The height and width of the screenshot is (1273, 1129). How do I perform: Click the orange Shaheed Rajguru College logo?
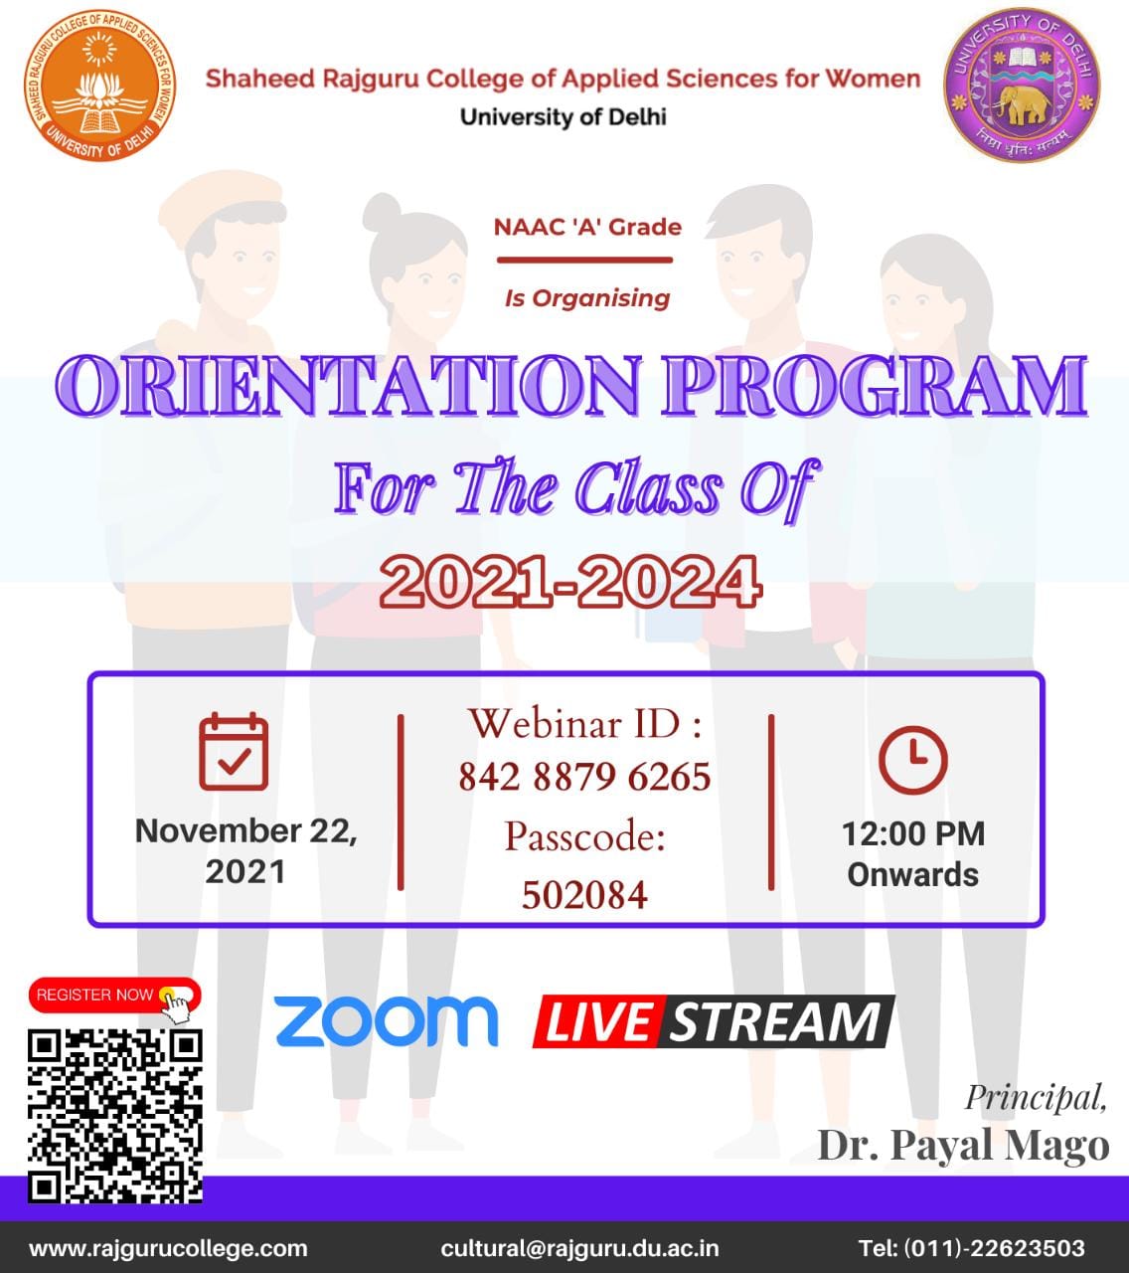click(x=99, y=86)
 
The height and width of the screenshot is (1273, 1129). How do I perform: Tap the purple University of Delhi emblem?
click(x=1022, y=86)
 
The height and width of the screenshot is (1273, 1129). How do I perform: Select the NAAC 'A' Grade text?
click(x=587, y=227)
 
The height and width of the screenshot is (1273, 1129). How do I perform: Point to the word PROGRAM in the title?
click(x=875, y=385)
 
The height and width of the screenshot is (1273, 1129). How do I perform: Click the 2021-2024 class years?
click(x=570, y=581)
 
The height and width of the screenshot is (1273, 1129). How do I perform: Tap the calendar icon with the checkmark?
click(x=234, y=751)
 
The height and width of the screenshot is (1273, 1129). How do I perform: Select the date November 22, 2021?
click(x=246, y=850)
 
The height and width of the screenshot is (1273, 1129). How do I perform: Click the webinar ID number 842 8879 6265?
click(x=584, y=777)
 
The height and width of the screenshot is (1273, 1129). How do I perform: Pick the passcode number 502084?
click(x=584, y=895)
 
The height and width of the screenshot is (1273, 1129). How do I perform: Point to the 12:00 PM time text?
click(x=913, y=833)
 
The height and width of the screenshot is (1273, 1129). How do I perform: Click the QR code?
click(x=115, y=1116)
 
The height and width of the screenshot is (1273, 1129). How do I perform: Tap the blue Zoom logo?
click(x=387, y=1021)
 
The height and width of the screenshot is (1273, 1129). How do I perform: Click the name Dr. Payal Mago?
click(x=963, y=1146)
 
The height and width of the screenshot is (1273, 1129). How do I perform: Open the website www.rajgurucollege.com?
click(x=168, y=1248)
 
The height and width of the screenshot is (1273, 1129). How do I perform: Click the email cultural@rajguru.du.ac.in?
click(x=579, y=1248)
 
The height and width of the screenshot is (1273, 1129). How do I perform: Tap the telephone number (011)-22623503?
click(x=995, y=1248)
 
